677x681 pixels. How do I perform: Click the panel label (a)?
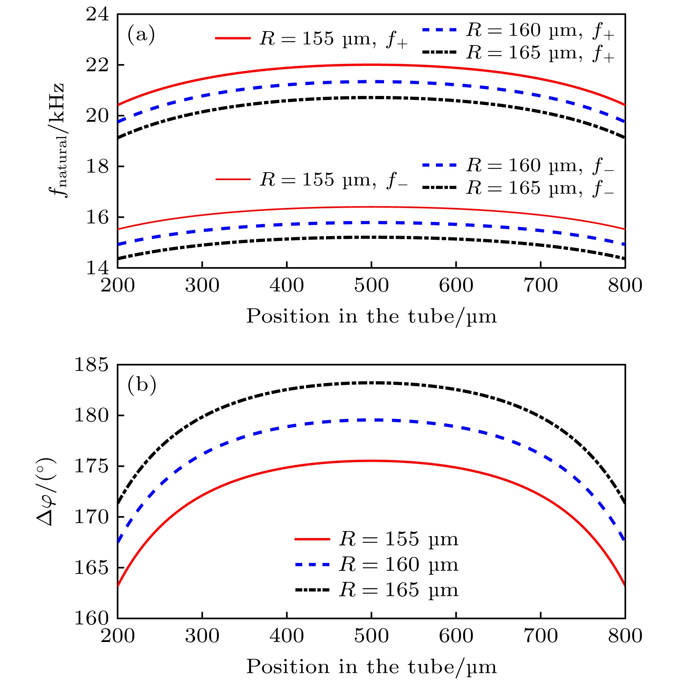pyautogui.click(x=141, y=35)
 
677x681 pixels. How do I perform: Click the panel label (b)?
pyautogui.click(x=142, y=385)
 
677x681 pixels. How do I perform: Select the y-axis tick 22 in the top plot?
pyautogui.click(x=97, y=65)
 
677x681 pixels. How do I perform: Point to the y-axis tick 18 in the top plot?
pyautogui.click(x=97, y=166)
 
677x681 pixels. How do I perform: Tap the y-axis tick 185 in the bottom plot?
pyautogui.click(x=91, y=365)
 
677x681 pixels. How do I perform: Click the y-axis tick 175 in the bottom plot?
pyautogui.click(x=91, y=466)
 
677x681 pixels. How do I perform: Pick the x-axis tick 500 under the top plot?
pyautogui.click(x=371, y=286)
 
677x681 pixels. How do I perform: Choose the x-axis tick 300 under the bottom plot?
pyautogui.click(x=202, y=636)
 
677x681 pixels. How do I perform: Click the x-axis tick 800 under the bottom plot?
pyautogui.click(x=625, y=636)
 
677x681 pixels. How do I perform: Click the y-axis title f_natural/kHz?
pyautogui.click(x=57, y=140)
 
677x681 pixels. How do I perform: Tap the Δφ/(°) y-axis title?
pyautogui.click(x=46, y=491)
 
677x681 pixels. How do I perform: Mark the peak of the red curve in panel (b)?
pyautogui.click(x=371, y=461)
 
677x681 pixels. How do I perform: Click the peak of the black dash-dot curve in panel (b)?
pyautogui.click(x=371, y=383)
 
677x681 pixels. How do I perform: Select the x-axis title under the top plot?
pyautogui.click(x=371, y=317)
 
